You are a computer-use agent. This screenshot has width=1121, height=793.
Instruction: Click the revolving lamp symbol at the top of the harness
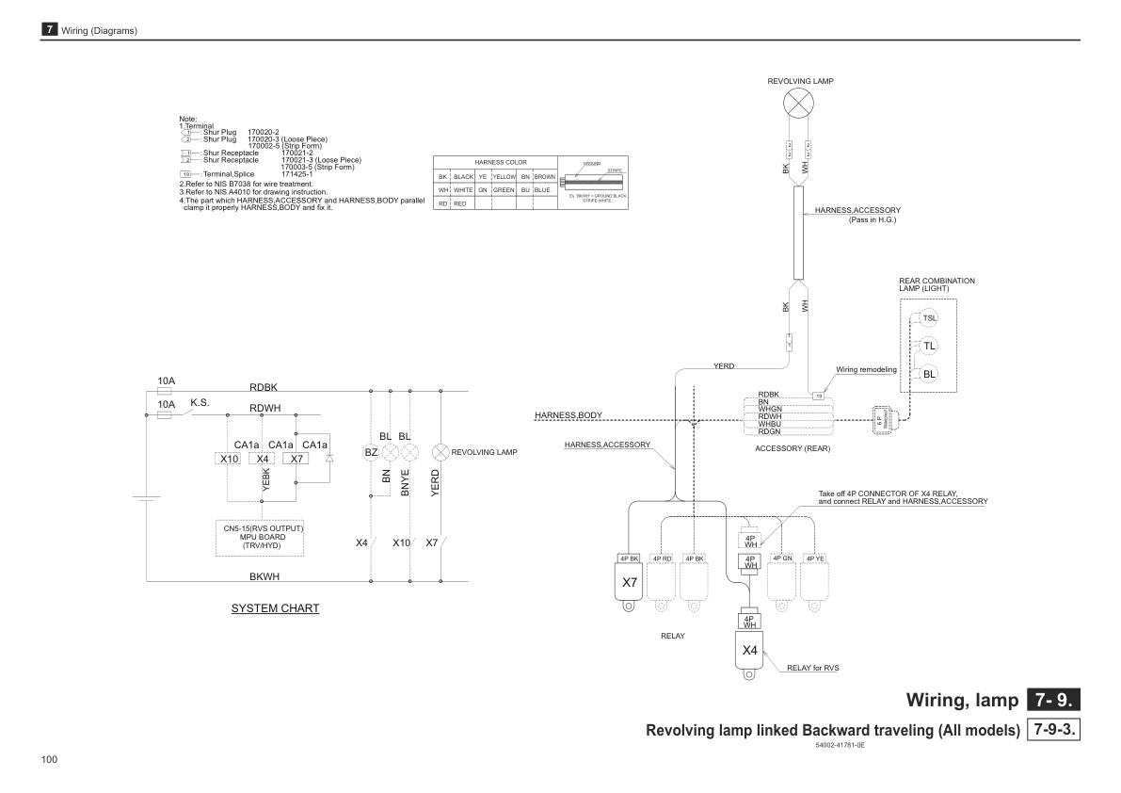(x=798, y=105)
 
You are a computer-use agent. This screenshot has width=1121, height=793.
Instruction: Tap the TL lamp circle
(x=929, y=346)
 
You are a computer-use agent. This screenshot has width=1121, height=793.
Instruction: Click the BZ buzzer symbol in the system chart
(x=371, y=453)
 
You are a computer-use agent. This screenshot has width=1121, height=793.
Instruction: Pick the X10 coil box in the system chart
(x=229, y=459)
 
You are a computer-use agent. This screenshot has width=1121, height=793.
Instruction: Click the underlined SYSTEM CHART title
(x=275, y=608)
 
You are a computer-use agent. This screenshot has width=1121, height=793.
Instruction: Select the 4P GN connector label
(x=782, y=558)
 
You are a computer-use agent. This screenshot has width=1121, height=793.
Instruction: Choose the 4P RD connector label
(x=662, y=558)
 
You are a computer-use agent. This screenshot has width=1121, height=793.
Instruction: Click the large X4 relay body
(x=750, y=651)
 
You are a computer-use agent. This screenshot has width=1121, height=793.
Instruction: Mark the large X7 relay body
(x=630, y=583)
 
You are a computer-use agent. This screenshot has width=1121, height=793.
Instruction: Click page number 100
(x=50, y=759)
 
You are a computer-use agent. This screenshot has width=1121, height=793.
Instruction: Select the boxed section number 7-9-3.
(x=1054, y=731)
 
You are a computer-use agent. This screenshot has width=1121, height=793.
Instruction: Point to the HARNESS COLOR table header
(x=495, y=162)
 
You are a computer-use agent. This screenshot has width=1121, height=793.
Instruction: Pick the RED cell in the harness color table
(x=460, y=203)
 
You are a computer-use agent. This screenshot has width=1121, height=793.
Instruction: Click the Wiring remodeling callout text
(x=866, y=370)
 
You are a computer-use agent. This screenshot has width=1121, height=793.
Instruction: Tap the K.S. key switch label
(x=200, y=402)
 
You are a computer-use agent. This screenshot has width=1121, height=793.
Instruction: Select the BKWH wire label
(x=264, y=575)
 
